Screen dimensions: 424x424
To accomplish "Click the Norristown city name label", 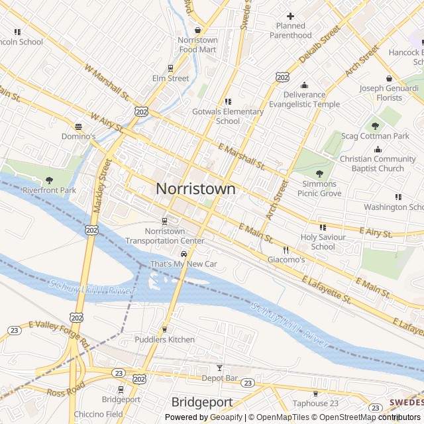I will pyautogui.click(x=195, y=189).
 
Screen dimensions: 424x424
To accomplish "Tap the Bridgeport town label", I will pyautogui.click(x=201, y=402).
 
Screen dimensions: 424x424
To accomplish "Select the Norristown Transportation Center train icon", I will pyautogui.click(x=165, y=221).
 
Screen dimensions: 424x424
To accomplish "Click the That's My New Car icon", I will pyautogui.click(x=184, y=254).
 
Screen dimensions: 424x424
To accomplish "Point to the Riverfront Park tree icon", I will pyautogui.click(x=50, y=180).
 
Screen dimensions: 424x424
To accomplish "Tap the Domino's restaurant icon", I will pyautogui.click(x=79, y=126).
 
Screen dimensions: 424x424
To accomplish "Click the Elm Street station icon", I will pyautogui.click(x=170, y=68).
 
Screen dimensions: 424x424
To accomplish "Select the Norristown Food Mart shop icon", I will pyautogui.click(x=197, y=30).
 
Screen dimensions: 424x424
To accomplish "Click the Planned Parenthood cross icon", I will pyautogui.click(x=290, y=16).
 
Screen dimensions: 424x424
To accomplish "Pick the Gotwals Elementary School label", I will pyautogui.click(x=228, y=116).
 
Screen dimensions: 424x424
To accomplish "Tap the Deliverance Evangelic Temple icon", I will pyautogui.click(x=304, y=85).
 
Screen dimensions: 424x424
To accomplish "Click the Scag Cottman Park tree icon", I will pyautogui.click(x=375, y=125).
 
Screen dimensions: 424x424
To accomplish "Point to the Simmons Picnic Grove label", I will pyautogui.click(x=319, y=188).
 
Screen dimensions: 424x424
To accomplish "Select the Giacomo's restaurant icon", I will pyautogui.click(x=286, y=250).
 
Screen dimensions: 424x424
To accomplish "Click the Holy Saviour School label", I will pyautogui.click(x=323, y=242).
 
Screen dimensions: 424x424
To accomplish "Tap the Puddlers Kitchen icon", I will pyautogui.click(x=165, y=329).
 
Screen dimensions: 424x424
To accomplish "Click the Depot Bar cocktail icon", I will pyautogui.click(x=220, y=368).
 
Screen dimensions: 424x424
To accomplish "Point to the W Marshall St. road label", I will pyautogui.click(x=107, y=82).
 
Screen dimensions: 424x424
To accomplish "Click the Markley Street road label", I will pyautogui.click(x=99, y=186).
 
